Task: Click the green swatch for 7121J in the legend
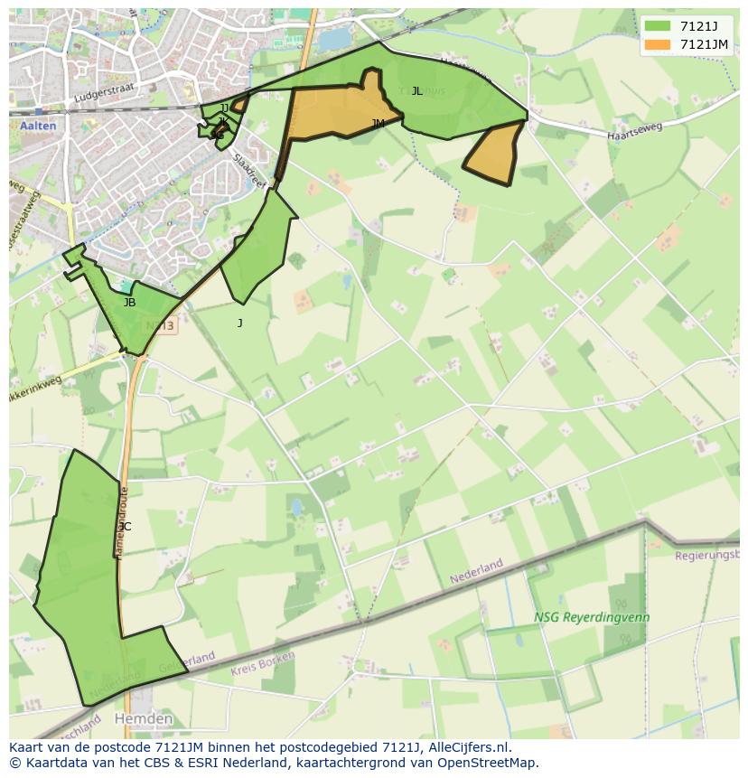coord(658,26)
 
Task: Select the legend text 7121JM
coord(704,44)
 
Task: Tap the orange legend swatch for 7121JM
coord(658,44)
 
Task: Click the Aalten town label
coord(37,127)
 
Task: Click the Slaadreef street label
coord(249,170)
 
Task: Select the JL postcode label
coord(416,91)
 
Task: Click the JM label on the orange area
coord(378,124)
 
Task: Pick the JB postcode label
coord(129,304)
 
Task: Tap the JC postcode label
coord(125,527)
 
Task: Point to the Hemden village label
coord(143,719)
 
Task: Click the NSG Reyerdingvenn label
coord(592,618)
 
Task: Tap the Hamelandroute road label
coord(121,523)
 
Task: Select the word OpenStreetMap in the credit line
coord(489,763)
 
